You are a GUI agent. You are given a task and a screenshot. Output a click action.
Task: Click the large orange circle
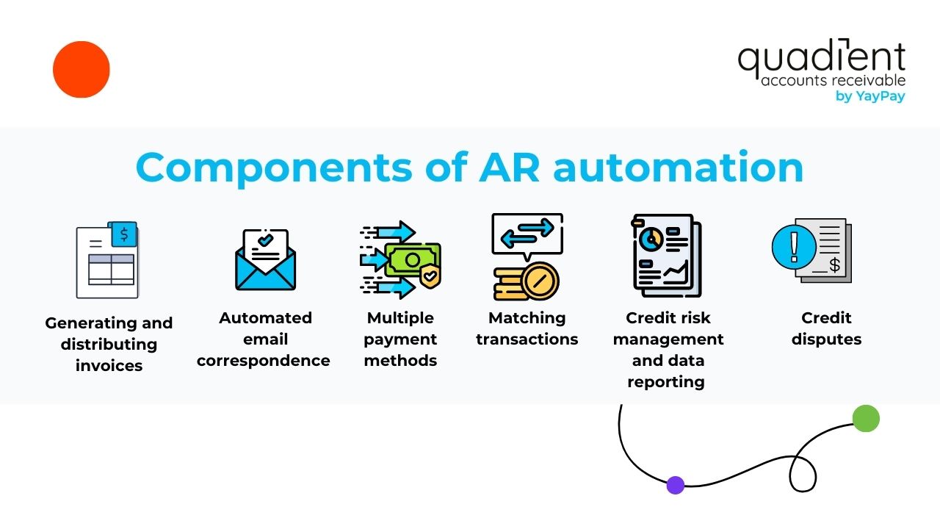pyautogui.click(x=81, y=70)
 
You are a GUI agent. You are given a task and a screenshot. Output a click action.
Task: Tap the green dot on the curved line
pyautogui.click(x=866, y=418)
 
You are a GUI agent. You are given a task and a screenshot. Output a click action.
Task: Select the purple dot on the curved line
pyautogui.click(x=676, y=485)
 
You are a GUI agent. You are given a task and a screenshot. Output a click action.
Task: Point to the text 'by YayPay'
pyautogui.click(x=870, y=96)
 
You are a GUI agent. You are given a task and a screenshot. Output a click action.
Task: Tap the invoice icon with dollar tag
pyautogui.click(x=108, y=260)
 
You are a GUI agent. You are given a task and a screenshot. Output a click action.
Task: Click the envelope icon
pyautogui.click(x=265, y=261)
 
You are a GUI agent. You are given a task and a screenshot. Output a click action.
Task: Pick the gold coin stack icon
pyautogui.click(x=526, y=281)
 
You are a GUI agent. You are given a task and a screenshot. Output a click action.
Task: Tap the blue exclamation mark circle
pyautogui.click(x=794, y=245)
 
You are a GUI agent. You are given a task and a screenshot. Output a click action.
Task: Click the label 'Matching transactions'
pyautogui.click(x=527, y=328)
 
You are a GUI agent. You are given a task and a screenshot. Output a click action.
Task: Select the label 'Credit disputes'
pyautogui.click(x=826, y=328)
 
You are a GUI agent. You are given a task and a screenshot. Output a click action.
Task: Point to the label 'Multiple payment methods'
pyautogui.click(x=400, y=339)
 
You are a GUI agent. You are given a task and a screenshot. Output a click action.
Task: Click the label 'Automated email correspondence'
pyautogui.click(x=264, y=339)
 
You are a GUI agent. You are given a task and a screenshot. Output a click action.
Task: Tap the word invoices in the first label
pyautogui.click(x=109, y=365)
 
